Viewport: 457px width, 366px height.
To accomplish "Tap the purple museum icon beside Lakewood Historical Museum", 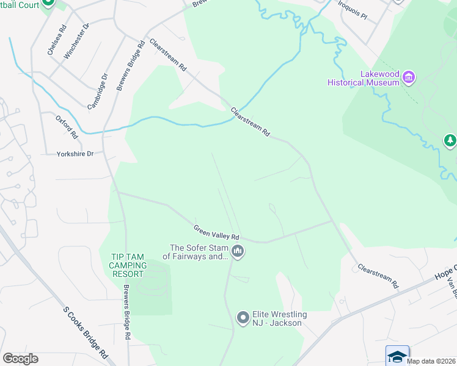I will coord(409,77).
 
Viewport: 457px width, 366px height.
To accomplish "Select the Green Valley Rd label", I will coord(216,232).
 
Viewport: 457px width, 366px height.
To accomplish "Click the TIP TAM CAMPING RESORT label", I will coord(128,265).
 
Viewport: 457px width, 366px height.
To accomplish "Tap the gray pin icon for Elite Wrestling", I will coord(243,317).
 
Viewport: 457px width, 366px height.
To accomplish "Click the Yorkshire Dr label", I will coord(75,154).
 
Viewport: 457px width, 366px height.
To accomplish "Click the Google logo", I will coord(20,358).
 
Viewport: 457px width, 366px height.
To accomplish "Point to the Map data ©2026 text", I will coord(430,361).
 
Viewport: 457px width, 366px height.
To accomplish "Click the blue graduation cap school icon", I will coord(397,355).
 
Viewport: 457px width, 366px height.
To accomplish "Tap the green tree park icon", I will coord(450,142).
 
